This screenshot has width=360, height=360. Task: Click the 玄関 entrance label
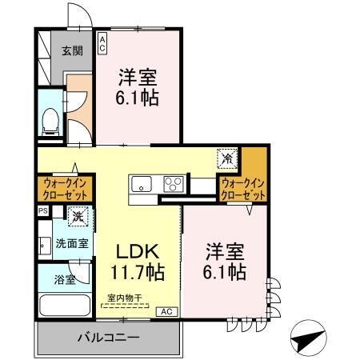tap(72, 52)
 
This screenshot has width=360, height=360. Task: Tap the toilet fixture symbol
tap(50, 120)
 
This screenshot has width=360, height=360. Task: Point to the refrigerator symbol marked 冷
tap(227, 158)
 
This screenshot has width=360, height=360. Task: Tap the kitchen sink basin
tap(142, 183)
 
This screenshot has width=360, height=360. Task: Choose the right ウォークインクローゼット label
tap(243, 189)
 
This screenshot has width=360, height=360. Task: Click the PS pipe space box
tap(42, 211)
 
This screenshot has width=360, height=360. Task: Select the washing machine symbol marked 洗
tap(78, 215)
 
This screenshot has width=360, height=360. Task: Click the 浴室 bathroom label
tap(66, 280)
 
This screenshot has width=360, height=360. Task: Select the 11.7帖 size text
tap(137, 272)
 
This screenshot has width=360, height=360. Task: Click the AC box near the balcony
tap(166, 310)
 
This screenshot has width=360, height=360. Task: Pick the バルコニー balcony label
tap(108, 338)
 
